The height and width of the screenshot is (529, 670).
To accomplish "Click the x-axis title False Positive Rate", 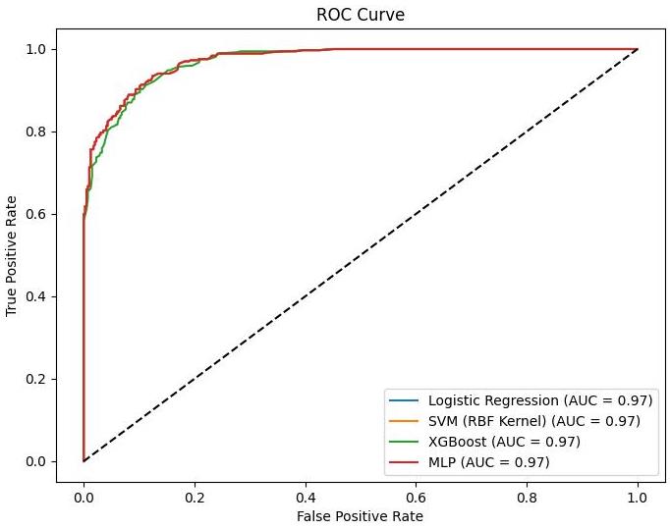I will click(x=361, y=514).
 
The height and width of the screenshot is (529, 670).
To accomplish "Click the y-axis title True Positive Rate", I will click(x=13, y=255).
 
